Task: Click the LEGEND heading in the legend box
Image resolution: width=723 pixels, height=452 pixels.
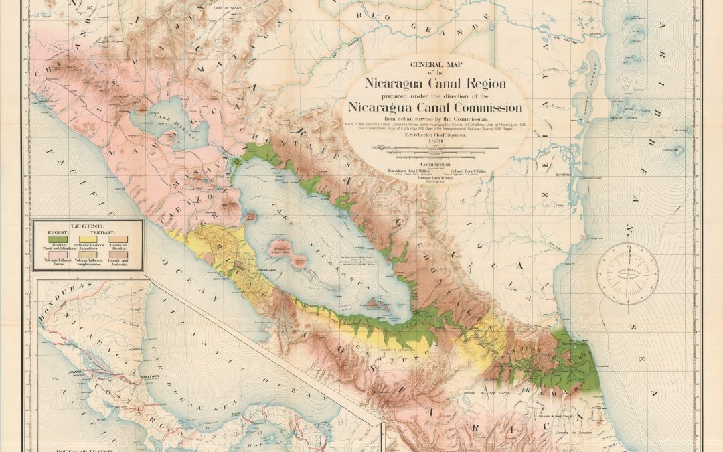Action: coord(87,228)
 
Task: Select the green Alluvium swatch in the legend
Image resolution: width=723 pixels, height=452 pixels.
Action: coord(57,239)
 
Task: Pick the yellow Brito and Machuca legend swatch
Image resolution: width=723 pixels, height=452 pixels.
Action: coord(88,239)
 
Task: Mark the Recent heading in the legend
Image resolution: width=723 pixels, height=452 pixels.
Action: coord(57,233)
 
